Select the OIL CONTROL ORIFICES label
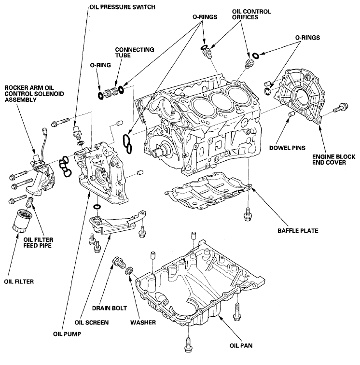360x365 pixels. (x=251, y=14)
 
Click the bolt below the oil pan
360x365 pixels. (x=187, y=344)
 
